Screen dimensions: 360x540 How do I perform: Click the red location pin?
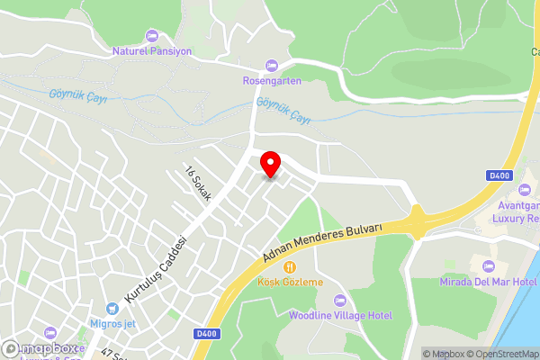[270, 165]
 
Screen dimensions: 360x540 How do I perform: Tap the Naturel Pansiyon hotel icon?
[151, 36]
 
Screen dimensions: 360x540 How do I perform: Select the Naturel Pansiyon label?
[151, 51]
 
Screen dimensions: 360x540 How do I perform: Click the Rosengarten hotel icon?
[272, 65]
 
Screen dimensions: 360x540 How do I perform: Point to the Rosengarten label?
[272, 80]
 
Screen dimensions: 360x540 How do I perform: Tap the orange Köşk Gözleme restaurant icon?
[290, 267]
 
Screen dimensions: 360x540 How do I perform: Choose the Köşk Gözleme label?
[290, 282]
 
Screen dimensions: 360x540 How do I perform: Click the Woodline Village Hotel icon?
[339, 300]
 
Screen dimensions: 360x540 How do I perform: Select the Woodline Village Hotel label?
[340, 315]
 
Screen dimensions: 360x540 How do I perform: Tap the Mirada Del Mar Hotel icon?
[489, 266]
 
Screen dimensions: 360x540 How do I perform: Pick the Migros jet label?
[112, 323]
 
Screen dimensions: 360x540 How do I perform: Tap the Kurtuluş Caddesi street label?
[156, 269]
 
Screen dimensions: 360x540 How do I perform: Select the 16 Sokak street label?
[196, 184]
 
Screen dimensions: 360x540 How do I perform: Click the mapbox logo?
[40, 348]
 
